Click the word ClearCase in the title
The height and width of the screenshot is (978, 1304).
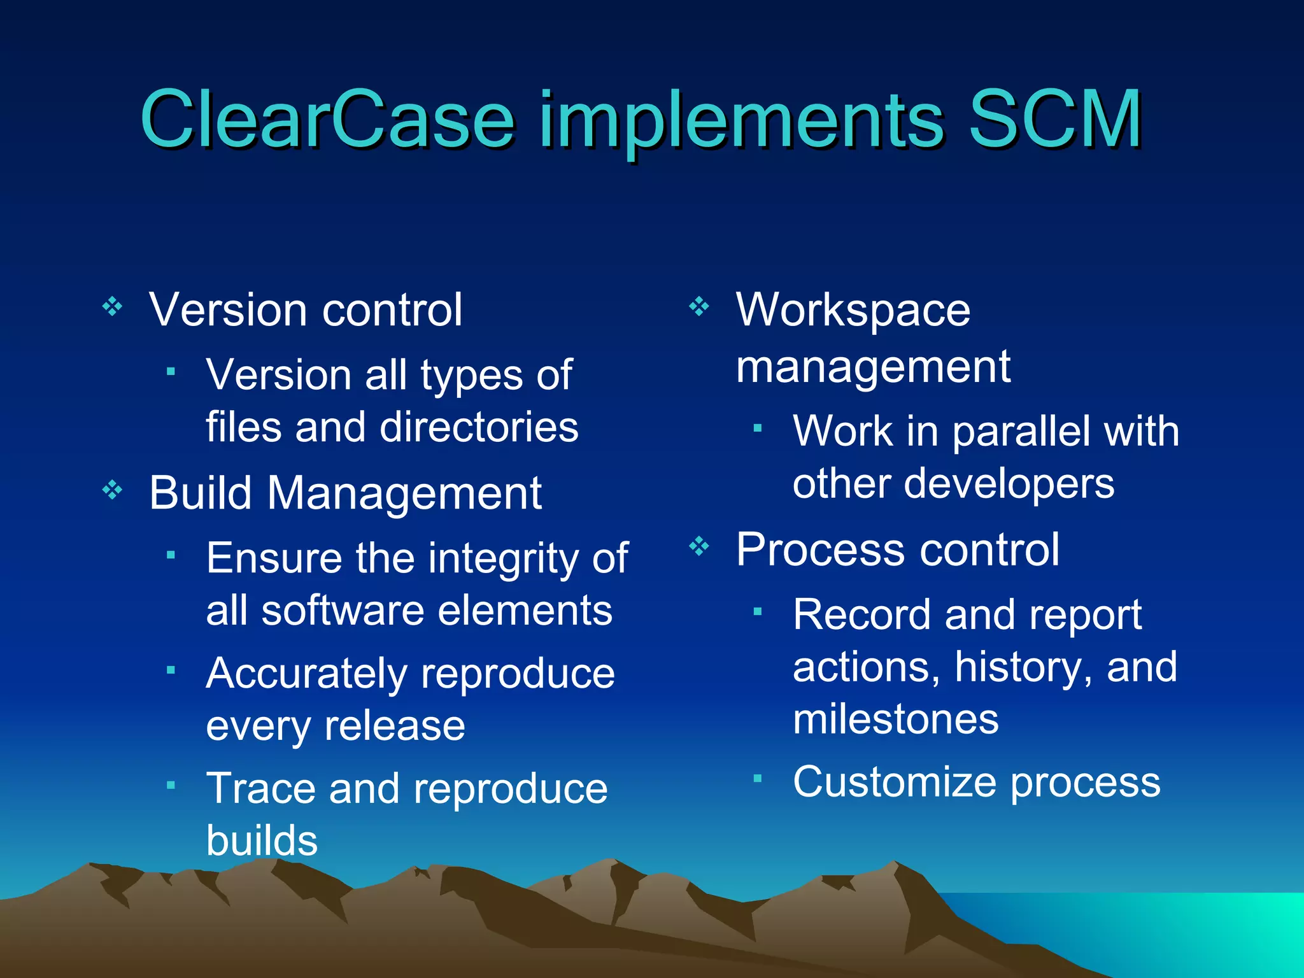coord(327,119)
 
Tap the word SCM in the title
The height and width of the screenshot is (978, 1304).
coord(1054,119)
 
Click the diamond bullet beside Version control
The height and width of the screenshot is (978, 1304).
coord(113,307)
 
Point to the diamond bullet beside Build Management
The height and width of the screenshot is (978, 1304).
coord(113,490)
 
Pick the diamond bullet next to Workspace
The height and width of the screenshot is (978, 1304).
coord(699,307)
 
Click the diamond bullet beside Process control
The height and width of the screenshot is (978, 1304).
coord(699,546)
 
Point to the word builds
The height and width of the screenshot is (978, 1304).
coord(262,840)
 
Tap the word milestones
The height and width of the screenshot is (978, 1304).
coord(895,719)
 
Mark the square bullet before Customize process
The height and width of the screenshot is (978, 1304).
coord(757,778)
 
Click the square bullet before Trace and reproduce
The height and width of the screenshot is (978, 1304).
coord(170,786)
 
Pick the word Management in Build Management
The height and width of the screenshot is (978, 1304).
coord(404,493)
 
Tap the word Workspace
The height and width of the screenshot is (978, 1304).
coord(853,311)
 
